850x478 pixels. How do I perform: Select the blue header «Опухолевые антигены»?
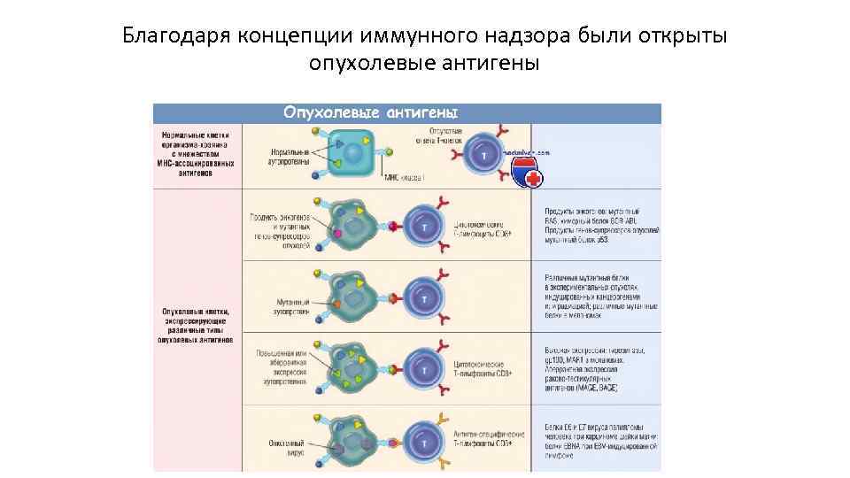coord(370,112)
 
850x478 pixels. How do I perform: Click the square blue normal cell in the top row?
coord(352,153)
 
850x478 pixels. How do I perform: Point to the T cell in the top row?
coord(483,154)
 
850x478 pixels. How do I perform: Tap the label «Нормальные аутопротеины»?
coord(290,157)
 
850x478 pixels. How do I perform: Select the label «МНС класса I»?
coord(404,178)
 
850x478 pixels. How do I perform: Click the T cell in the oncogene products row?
coord(424,227)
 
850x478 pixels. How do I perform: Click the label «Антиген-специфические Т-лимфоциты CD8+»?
coord(489,440)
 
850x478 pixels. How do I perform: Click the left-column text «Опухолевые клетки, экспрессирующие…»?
coord(197,325)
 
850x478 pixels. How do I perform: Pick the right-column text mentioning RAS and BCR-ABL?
coord(596,225)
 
